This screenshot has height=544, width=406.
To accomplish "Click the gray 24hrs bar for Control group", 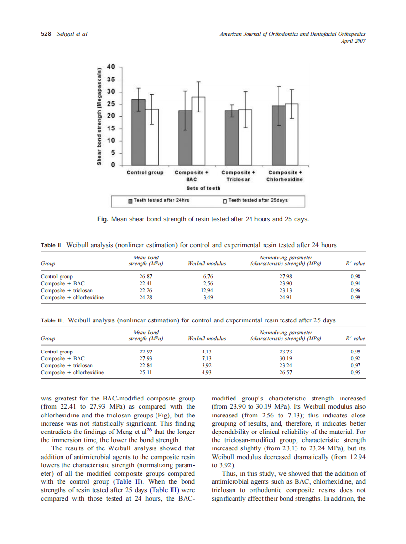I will click(139, 132).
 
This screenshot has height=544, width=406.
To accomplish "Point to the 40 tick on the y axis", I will click(111, 67).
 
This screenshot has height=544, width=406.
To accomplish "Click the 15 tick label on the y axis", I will click(111, 128).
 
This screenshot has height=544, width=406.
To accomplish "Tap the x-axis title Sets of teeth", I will click(203, 188).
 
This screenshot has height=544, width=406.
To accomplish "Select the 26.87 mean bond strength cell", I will click(145, 277).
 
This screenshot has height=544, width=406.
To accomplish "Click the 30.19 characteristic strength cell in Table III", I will click(285, 359).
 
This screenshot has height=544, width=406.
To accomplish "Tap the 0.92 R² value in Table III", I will click(358, 359).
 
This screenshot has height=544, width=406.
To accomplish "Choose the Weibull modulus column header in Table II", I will click(206, 264).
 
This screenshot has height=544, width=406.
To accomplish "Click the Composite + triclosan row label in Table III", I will click(66, 366).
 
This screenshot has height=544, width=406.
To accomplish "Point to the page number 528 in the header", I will click(45, 34).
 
